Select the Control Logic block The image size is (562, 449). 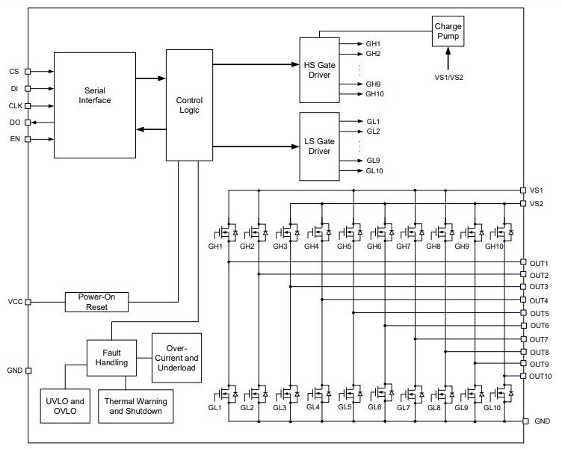189,105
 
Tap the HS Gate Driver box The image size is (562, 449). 319,69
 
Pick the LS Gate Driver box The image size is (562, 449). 319,146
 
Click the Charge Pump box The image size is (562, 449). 448,31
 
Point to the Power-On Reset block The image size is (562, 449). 96,301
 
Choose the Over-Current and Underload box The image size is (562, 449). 176,357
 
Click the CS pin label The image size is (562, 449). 14,72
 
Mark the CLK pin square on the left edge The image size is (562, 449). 28,106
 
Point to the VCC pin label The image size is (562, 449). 15,302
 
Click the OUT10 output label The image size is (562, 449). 540,376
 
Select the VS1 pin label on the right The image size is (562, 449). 537,191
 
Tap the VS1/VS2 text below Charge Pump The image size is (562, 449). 448,77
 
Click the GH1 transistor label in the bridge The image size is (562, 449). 216,246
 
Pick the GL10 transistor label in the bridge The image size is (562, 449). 492,407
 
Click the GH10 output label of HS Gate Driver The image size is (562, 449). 374,94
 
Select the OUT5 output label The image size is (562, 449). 539,313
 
